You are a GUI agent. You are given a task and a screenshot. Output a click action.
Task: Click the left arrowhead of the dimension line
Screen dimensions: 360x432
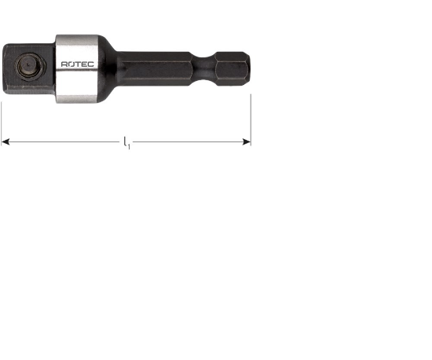point(5,142)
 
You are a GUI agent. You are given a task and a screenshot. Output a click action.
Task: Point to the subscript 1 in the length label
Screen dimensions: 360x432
point(129,145)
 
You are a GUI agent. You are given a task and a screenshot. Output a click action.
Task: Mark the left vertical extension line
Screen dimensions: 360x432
point(2,118)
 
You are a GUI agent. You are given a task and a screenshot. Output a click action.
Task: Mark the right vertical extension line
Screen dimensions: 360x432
point(251,118)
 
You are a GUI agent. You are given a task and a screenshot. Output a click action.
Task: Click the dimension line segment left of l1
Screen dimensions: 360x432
point(63,142)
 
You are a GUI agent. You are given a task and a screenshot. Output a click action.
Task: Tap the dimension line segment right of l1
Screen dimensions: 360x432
point(189,142)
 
